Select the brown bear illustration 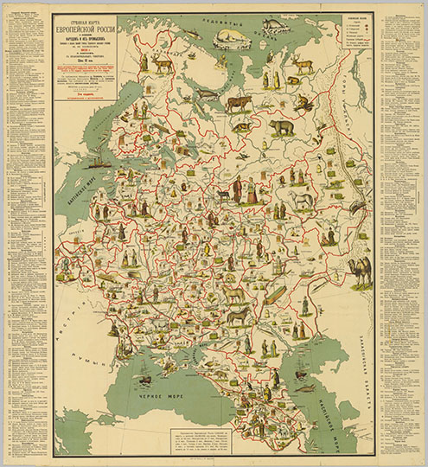[282, 128]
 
